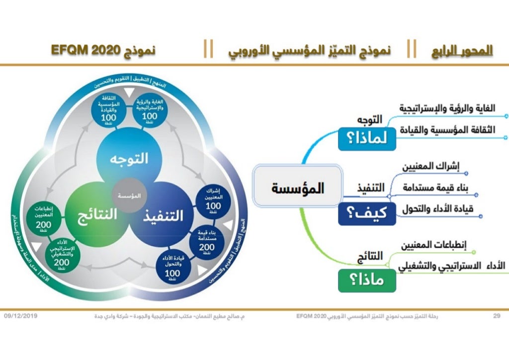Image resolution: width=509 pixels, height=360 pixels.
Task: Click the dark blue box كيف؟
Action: (367, 213)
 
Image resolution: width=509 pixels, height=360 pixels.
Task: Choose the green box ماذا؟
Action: (367, 281)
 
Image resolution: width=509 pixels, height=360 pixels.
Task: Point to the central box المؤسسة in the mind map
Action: (298, 188)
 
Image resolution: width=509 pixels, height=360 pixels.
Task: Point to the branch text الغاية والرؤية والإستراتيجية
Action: (447, 108)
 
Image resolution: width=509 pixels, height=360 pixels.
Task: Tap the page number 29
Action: (496, 316)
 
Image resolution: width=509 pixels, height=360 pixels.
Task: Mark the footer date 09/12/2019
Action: (21, 316)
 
